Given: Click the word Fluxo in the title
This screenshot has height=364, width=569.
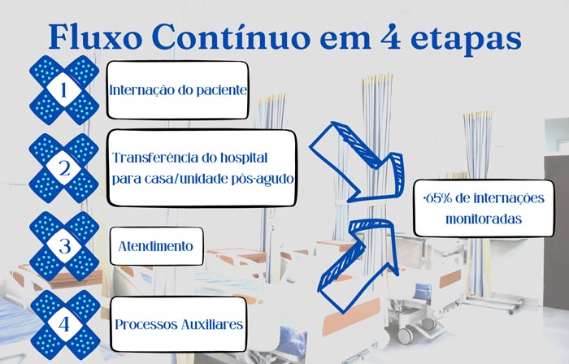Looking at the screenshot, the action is point(95,37).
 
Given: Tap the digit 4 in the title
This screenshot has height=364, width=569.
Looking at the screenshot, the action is point(391,37).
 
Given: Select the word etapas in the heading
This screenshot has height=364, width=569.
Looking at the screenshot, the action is point(466,39).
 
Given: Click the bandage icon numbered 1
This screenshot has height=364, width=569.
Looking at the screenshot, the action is point(64,90).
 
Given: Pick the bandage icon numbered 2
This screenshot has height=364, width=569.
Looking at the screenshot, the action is point(64,168).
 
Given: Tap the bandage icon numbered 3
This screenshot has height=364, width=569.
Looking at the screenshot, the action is point(64,246).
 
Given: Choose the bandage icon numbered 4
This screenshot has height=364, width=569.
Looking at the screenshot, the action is point(64,324).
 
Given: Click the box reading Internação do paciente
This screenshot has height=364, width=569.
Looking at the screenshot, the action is point(178,90).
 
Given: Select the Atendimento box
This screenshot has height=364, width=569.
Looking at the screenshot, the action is point(156,246).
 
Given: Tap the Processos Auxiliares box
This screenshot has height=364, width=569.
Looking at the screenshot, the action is point(179,324).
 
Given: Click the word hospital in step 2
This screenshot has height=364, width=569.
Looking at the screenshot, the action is point(244,158).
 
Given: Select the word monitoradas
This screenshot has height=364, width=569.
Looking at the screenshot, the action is point(484,219).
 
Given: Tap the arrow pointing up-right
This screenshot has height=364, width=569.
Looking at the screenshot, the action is point(359,266).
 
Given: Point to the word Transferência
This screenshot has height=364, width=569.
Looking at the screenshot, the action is point(155,158).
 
